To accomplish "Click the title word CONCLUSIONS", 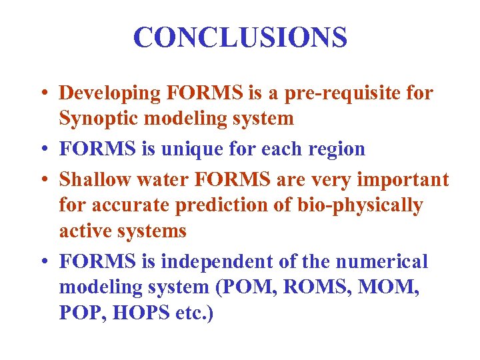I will coord(240,38).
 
